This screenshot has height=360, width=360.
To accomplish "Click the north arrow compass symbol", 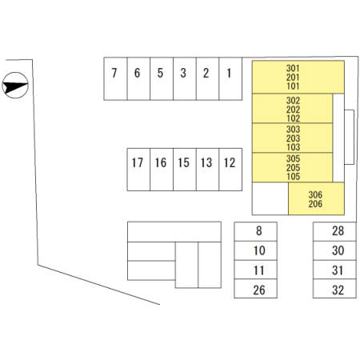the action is click(x=15, y=85).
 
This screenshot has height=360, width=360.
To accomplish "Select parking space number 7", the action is click(x=115, y=78).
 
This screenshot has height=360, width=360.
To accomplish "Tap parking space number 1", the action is click(x=230, y=78).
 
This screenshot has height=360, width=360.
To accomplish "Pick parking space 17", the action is click(x=138, y=170).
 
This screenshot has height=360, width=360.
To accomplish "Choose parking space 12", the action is click(x=230, y=170).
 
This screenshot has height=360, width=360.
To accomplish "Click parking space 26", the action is click(x=256, y=289).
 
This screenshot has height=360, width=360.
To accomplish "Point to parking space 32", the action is click(x=334, y=289).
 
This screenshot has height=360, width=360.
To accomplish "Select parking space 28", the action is click(x=334, y=231).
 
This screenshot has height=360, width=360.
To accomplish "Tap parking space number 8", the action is click(x=256, y=231).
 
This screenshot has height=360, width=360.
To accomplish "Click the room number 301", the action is click(x=293, y=68).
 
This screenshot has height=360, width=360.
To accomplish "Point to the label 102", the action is click(x=293, y=118).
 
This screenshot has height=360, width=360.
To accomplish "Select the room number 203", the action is click(x=293, y=138).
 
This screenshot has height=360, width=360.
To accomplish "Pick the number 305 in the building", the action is click(x=293, y=158).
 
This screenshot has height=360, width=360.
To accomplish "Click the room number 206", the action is click(x=315, y=204).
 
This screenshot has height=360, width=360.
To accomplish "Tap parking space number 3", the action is click(x=185, y=78).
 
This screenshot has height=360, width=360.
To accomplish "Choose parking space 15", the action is click(x=185, y=170).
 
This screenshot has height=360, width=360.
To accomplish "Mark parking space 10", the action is click(x=256, y=250).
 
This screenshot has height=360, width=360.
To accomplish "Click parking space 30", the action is click(x=334, y=250).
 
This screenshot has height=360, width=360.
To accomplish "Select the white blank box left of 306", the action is click(x=270, y=198).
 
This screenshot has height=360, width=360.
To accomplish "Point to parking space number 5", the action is click(x=162, y=78).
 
